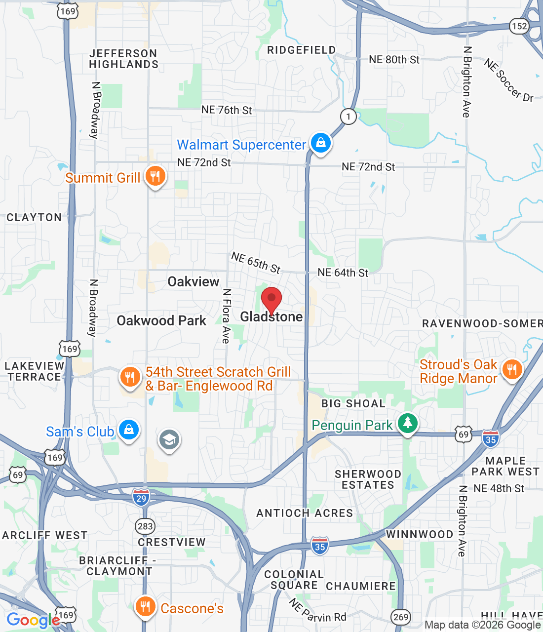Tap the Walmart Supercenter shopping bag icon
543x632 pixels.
321,143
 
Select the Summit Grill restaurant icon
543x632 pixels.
155,176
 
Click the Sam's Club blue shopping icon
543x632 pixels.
129,430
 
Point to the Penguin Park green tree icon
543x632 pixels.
407,423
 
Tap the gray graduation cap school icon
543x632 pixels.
169,439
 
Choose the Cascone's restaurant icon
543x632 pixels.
145,607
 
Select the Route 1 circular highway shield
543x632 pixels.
349,117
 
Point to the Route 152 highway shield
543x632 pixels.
519,26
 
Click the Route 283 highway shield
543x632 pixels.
145,526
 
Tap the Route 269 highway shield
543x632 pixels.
401,616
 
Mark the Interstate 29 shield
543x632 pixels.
141,498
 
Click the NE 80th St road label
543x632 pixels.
394,60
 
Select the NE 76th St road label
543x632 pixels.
227,110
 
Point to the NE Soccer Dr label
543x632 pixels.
508,80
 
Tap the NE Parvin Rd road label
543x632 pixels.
317,611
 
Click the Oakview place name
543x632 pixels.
194,281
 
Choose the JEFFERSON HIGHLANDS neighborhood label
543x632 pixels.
123,59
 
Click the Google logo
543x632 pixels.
33,620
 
